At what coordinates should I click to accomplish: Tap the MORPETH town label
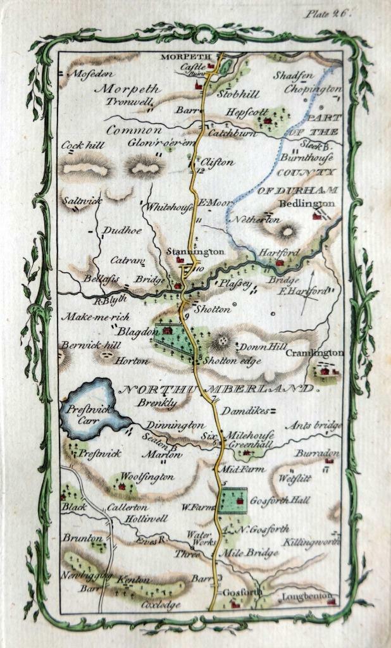(x=182, y=57)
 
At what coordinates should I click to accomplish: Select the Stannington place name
(x=195, y=251)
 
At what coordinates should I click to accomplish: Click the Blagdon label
(x=133, y=330)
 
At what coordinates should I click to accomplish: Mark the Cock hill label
(x=83, y=145)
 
